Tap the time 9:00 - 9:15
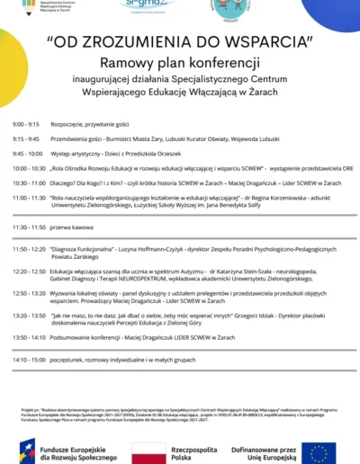tap(26, 123)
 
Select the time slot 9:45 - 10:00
tap(27, 154)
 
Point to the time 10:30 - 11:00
tap(29, 183)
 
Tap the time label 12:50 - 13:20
tap(29, 292)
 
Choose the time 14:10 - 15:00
tap(29, 360)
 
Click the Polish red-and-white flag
tap(148, 450)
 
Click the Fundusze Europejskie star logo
tap(26, 450)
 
